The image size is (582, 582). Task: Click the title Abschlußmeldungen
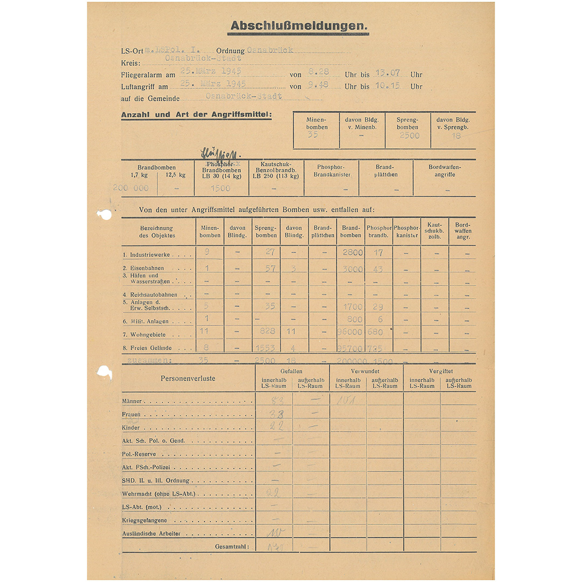pyautogui.click(x=299, y=26)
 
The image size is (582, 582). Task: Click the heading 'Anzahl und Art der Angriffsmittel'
pyautogui.click(x=197, y=115)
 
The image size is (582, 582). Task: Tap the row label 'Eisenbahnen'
pyautogui.click(x=147, y=268)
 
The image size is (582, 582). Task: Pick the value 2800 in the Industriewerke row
pyautogui.click(x=352, y=252)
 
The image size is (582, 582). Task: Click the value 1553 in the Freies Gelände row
pyautogui.click(x=266, y=349)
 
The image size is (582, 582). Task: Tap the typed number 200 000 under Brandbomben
pyautogui.click(x=130, y=188)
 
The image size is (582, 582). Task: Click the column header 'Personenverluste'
pyautogui.click(x=188, y=378)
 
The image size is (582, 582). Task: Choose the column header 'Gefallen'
pyautogui.click(x=292, y=371)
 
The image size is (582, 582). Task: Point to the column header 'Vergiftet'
pyautogui.click(x=440, y=371)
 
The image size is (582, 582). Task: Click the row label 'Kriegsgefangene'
pyautogui.click(x=144, y=521)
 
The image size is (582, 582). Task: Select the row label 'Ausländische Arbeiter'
pyautogui.click(x=151, y=533)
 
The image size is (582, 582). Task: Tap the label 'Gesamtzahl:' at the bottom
pyautogui.click(x=232, y=546)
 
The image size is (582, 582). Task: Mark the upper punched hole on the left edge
pyautogui.click(x=104, y=214)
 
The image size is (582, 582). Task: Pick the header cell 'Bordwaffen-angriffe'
pyautogui.click(x=445, y=170)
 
